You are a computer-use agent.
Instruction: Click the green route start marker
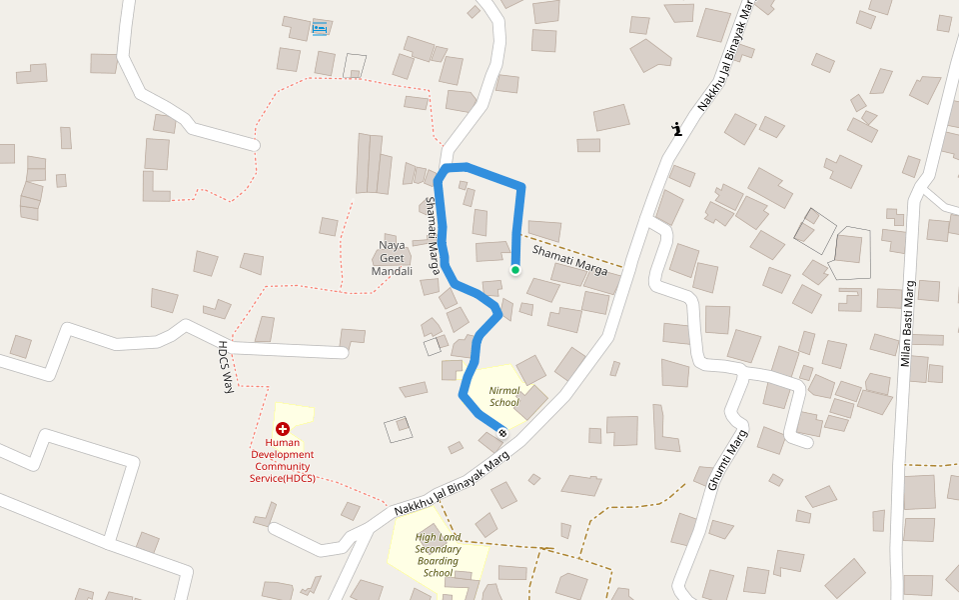pos(515,270)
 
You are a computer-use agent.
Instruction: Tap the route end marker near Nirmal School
pos(501,433)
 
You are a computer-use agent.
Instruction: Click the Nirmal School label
pos(503,396)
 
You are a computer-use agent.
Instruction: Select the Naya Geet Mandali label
pos(392,258)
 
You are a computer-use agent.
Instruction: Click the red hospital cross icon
pos(283,428)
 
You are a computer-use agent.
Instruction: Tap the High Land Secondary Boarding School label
pos(438,555)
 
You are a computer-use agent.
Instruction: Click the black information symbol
pos(677,128)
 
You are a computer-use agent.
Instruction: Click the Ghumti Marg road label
pos(727,460)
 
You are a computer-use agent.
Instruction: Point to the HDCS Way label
pos(226,366)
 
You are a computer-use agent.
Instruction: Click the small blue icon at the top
pos(320,28)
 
